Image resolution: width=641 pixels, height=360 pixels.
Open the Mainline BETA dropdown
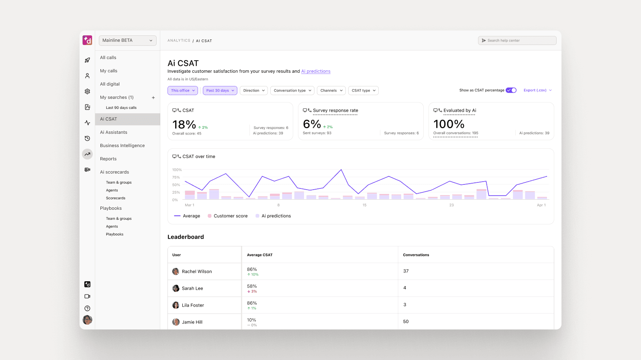click(127, 40)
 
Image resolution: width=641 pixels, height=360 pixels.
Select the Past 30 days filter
click(220, 90)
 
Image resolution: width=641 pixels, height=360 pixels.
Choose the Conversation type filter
click(292, 90)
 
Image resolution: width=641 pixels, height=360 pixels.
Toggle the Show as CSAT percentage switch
click(511, 90)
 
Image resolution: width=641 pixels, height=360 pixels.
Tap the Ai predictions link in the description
click(316, 72)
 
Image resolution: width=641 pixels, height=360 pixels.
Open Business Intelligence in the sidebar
click(122, 145)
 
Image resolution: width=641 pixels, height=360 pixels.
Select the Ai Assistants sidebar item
click(113, 132)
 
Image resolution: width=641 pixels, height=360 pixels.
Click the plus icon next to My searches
click(153, 98)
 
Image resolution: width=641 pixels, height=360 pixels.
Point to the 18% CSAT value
click(184, 125)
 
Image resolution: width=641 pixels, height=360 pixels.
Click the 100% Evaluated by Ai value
click(449, 124)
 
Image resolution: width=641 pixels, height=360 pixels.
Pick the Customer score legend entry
click(230, 216)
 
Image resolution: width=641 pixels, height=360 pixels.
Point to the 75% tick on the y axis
click(176, 177)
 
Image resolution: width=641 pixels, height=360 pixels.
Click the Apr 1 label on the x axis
click(541, 205)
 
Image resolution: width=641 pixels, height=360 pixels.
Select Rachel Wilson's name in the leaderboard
click(196, 272)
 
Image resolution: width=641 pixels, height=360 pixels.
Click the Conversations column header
click(416, 255)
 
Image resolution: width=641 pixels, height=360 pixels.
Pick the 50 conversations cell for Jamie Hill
click(406, 321)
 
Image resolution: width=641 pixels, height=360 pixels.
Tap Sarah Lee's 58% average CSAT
click(252, 286)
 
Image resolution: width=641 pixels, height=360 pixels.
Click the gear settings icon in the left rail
click(87, 92)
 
